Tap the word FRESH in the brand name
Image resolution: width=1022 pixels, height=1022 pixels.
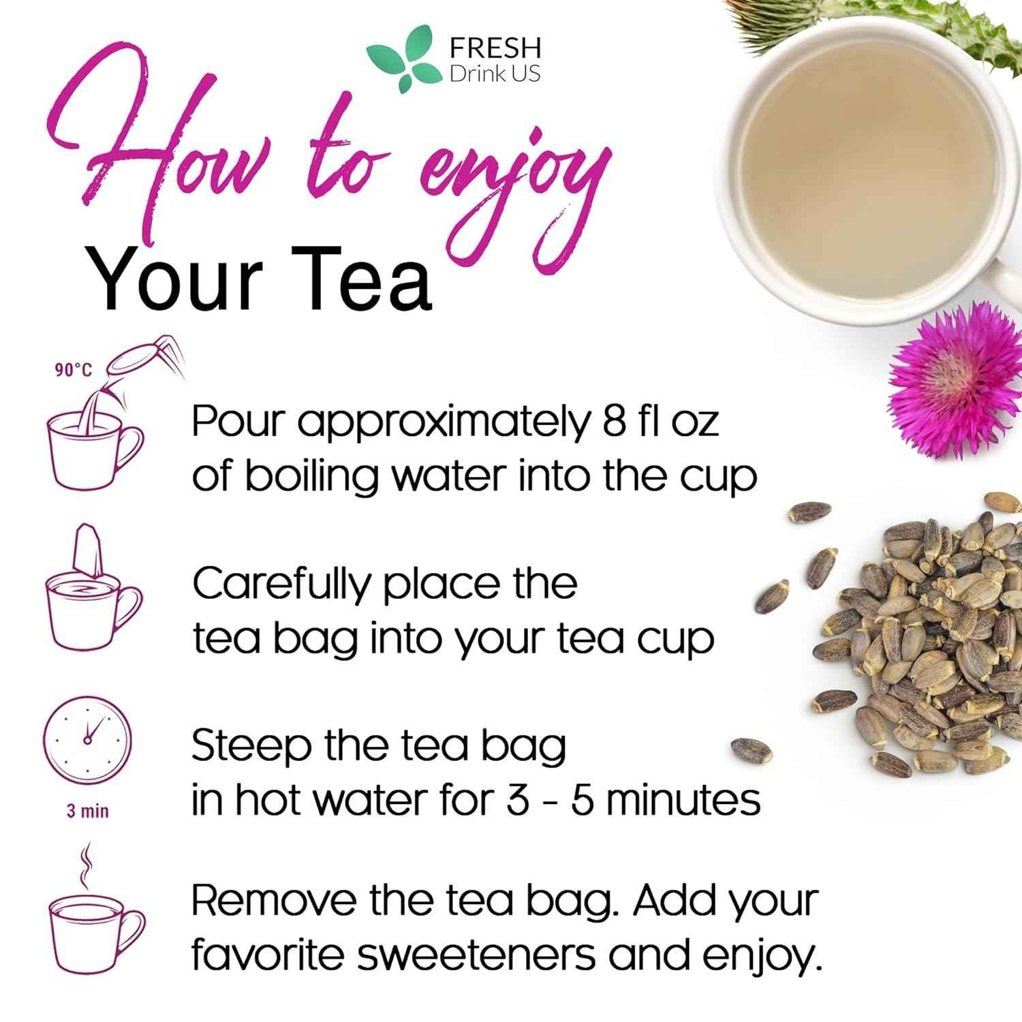495,48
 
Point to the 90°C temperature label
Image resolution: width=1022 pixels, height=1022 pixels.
73,371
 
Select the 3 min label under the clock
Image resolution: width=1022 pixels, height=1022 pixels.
87,811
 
